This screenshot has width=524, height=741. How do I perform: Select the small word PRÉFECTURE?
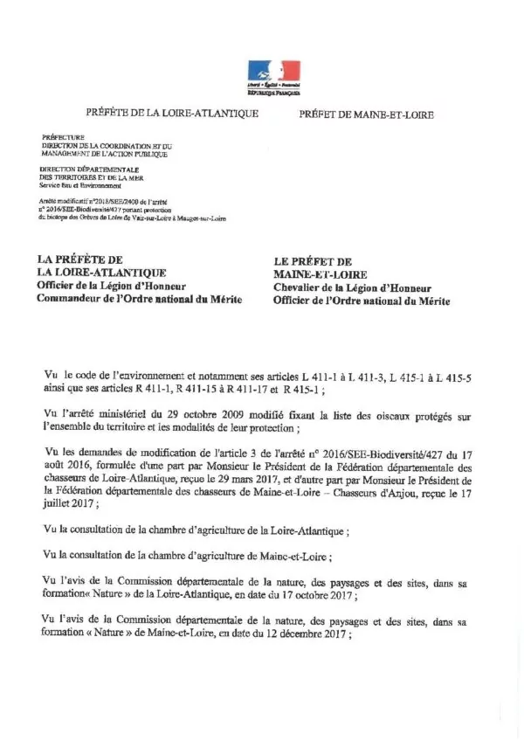63,137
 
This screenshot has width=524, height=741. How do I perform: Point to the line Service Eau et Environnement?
81,185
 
